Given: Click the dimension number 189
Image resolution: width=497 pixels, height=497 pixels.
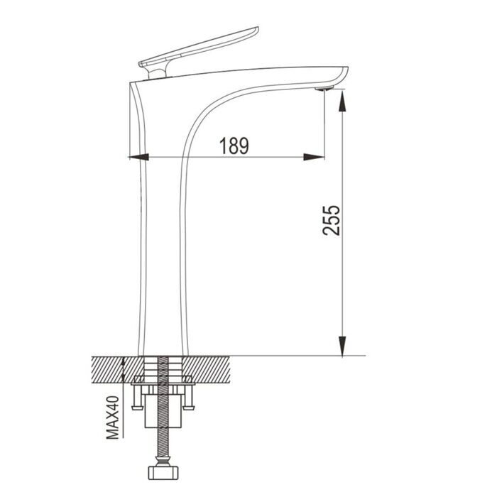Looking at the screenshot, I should (x=234, y=146).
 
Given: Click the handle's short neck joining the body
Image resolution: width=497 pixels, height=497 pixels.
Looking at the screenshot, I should (x=154, y=71).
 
